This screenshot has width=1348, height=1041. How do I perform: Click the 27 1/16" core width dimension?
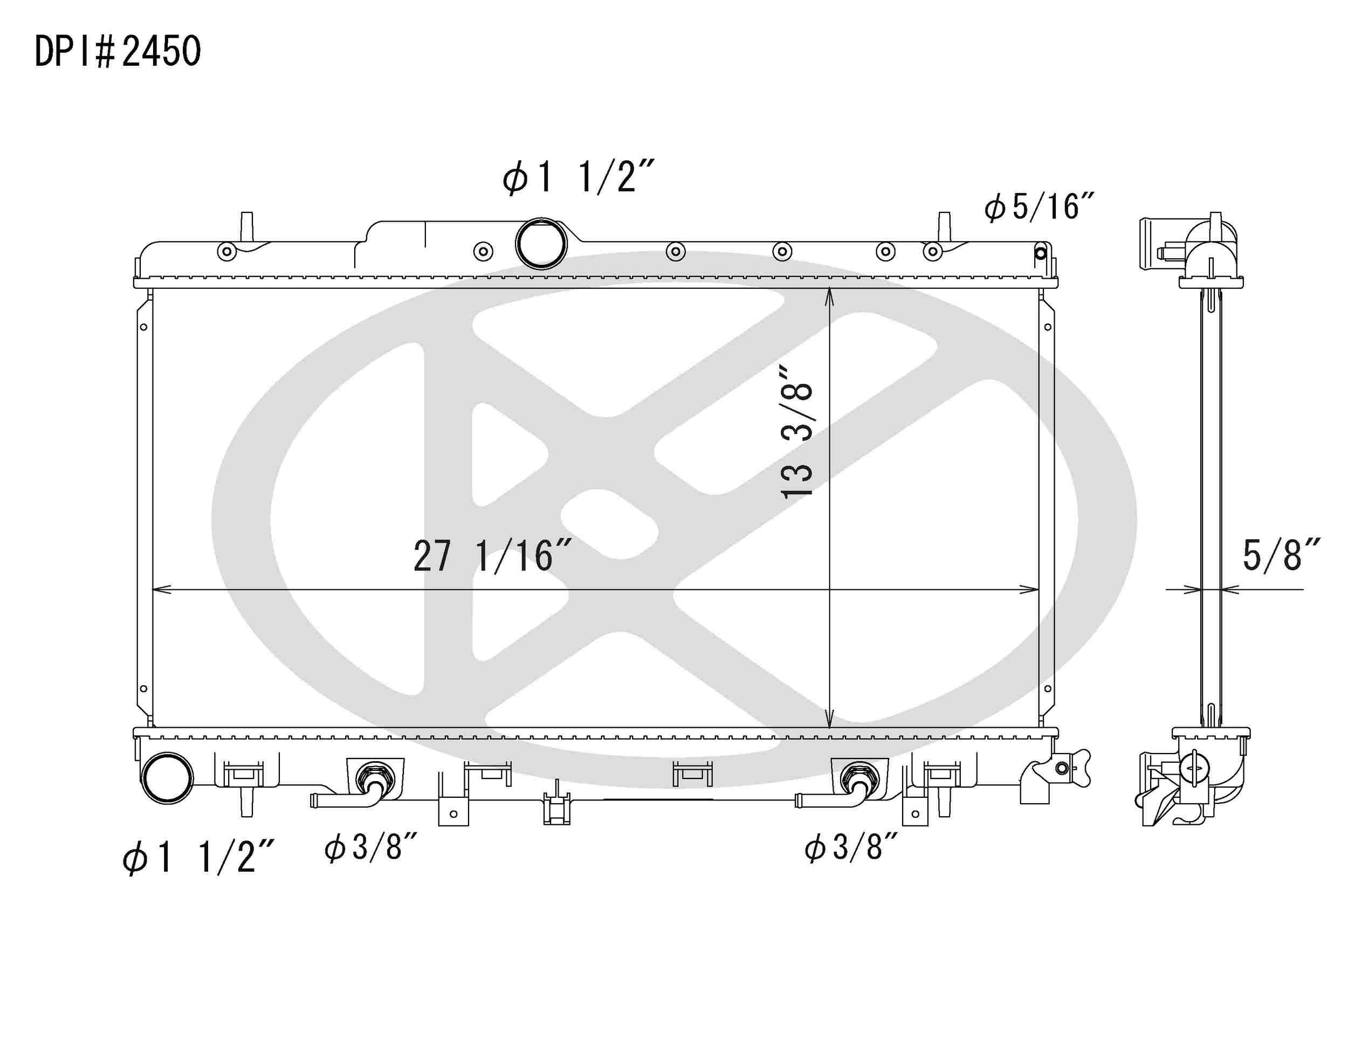492,556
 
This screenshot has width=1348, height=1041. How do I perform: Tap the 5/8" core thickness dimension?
1280,555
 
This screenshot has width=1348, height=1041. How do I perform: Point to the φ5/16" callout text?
1039,206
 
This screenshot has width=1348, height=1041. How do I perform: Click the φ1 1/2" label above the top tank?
577,177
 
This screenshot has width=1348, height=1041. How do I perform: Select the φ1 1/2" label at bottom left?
197,857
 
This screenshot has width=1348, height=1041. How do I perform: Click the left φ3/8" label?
371,847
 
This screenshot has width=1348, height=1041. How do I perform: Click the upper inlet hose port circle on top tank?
541,243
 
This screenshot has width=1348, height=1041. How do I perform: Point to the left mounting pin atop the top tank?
246,226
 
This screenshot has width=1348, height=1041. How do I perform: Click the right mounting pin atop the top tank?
944,226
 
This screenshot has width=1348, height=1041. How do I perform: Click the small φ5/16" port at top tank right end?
1041,253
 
